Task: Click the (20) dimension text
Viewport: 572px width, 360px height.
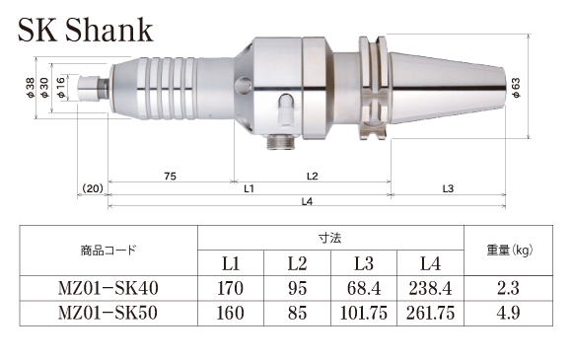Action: pyautogui.click(x=93, y=187)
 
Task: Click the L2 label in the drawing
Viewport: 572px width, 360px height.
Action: pyautogui.click(x=311, y=175)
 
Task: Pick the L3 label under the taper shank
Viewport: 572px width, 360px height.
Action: pyautogui.click(x=448, y=187)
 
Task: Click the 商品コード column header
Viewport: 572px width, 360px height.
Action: pyautogui.click(x=108, y=250)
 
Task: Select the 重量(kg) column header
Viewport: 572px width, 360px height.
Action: pyautogui.click(x=511, y=250)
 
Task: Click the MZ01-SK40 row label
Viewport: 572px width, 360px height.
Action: pyautogui.click(x=108, y=288)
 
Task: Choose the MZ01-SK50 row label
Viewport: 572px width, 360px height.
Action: pyautogui.click(x=108, y=314)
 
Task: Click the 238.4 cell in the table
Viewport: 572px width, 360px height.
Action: pyautogui.click(x=430, y=288)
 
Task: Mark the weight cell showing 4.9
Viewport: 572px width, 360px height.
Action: pyautogui.click(x=511, y=314)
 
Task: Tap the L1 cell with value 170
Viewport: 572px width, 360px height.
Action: pyautogui.click(x=231, y=288)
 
